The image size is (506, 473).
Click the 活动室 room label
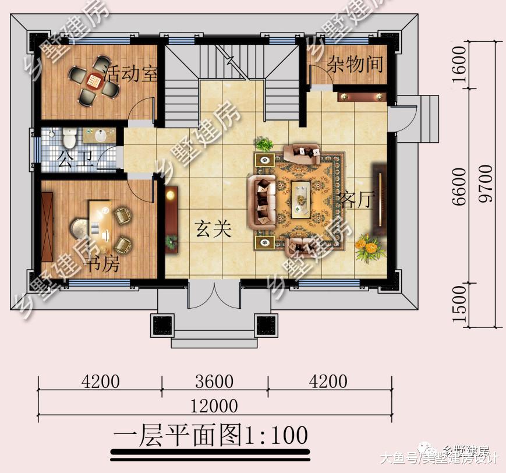tap(132, 76)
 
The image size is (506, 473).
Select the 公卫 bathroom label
tap(75, 159)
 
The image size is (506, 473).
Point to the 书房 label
tap(103, 264)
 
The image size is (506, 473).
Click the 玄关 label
tap(213, 230)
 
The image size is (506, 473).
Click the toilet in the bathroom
tap(69, 137)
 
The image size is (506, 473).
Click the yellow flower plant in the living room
tap(368, 247)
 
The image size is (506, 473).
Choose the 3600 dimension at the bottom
tap(214, 382)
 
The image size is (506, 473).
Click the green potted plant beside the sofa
tap(264, 143)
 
